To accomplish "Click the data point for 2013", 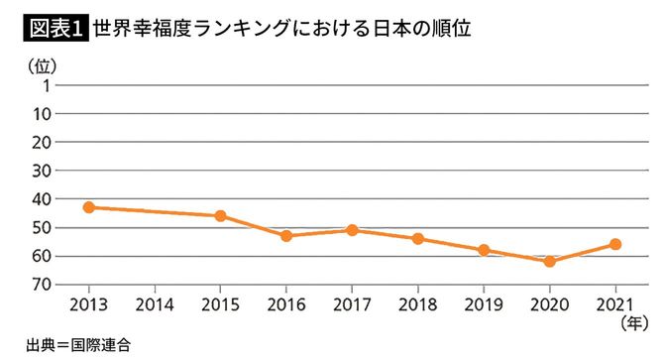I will coord(89,207).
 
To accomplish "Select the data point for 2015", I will coord(220,216).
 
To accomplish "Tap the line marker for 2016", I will coord(286,236).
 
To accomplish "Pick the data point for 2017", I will coord(352,230).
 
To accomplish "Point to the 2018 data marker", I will coord(417,239).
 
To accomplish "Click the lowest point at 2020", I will coord(549,261).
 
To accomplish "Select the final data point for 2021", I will coord(614,244).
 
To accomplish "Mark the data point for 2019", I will coord(484,250).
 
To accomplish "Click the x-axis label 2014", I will coord(155,301).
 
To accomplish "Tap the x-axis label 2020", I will coord(549,301).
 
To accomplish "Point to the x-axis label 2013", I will coord(89,301).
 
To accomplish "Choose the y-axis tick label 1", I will coord(46,85).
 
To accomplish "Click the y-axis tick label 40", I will coord(42,199).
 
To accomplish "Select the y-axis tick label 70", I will coord(42,285).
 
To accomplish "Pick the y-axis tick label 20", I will coord(42,143).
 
